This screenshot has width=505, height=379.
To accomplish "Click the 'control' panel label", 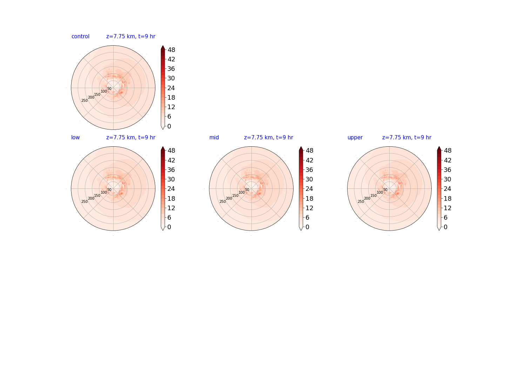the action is [80, 36].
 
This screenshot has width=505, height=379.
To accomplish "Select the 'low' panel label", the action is [75, 137].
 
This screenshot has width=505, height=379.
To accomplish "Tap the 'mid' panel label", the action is [214, 137].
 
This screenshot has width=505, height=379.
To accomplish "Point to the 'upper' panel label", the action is [355, 138].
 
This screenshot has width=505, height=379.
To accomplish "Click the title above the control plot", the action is [131, 36].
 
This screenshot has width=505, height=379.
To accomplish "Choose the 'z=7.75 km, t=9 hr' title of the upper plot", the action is [407, 137].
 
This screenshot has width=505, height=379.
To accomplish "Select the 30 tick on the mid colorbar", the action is [309, 179].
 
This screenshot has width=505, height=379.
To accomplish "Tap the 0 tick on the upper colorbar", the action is [445, 227].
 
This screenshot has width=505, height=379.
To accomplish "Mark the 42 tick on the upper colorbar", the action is [447, 160].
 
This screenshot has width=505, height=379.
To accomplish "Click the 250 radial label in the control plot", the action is [85, 101].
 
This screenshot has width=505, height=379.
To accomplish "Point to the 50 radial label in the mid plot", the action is [247, 189].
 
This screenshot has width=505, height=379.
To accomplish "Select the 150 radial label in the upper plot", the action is [373, 195].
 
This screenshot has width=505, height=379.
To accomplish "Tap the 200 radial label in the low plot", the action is [91, 198].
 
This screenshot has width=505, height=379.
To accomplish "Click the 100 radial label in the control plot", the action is [104, 91].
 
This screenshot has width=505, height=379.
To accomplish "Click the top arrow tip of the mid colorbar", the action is [301, 147].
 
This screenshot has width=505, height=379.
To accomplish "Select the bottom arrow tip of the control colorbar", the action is [163, 129].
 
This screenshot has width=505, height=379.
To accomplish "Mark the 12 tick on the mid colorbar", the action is [309, 208].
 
